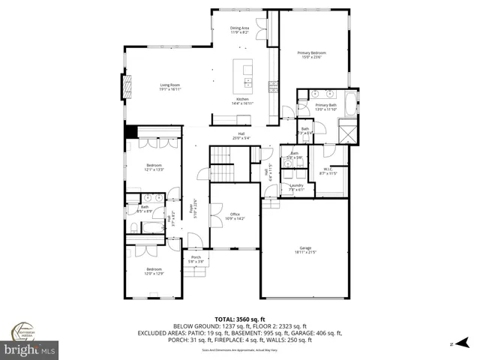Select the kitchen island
click(244, 73)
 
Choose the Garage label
click(304, 250)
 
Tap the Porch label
click(196, 259)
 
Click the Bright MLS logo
click(30, 349)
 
